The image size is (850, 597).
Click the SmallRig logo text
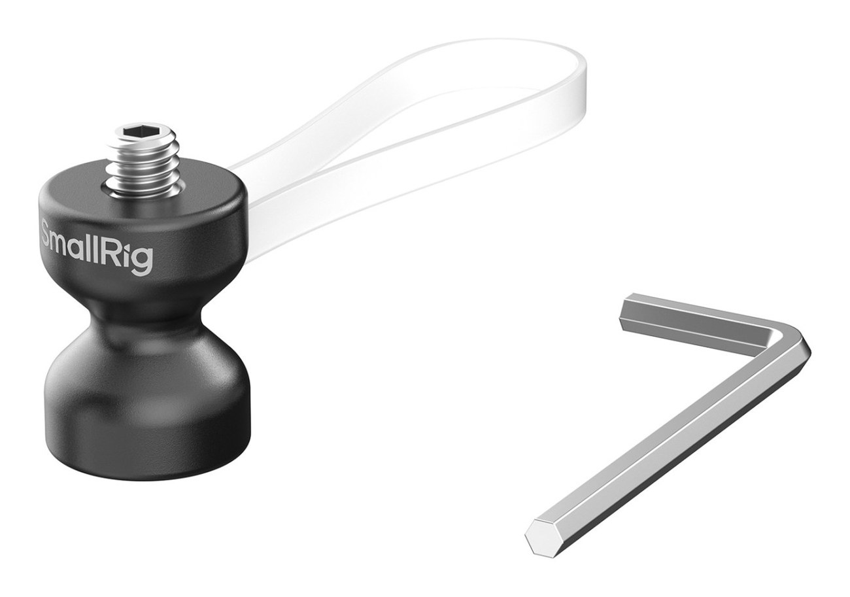coord(96,246)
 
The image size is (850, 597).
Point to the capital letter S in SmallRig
coord(48,235)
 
